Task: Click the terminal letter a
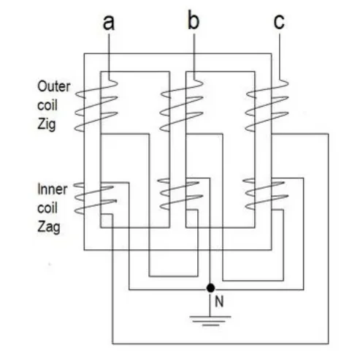[109, 22]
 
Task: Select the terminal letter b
[194, 20]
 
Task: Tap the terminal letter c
[279, 22]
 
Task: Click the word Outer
[54, 86]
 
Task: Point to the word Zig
[47, 124]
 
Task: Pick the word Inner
[53, 189]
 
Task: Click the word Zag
[49, 227]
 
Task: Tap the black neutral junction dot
[210, 288]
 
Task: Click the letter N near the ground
[219, 302]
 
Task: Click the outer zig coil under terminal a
[96, 105]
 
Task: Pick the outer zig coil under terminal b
[181, 105]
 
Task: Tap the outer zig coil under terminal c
[267, 105]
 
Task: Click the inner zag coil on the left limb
[96, 198]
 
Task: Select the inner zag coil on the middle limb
[180, 194]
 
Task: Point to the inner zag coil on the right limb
[266, 194]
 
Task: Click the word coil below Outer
[47, 105]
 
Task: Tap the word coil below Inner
[47, 208]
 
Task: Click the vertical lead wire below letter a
[109, 56]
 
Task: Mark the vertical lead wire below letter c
[279, 56]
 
